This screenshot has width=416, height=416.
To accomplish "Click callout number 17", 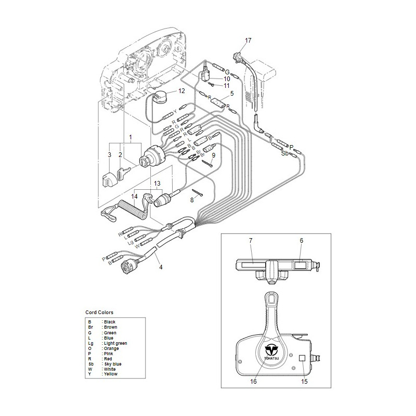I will coord(248,40).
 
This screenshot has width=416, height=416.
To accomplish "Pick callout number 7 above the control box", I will coord(301,240).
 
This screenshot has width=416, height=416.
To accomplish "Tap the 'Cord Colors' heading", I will coord(99,312).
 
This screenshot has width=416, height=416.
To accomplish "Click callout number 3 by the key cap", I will coord(110,154).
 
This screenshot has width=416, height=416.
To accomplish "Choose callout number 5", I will coord(232,93).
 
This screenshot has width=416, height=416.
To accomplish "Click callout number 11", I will coord(226,85).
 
